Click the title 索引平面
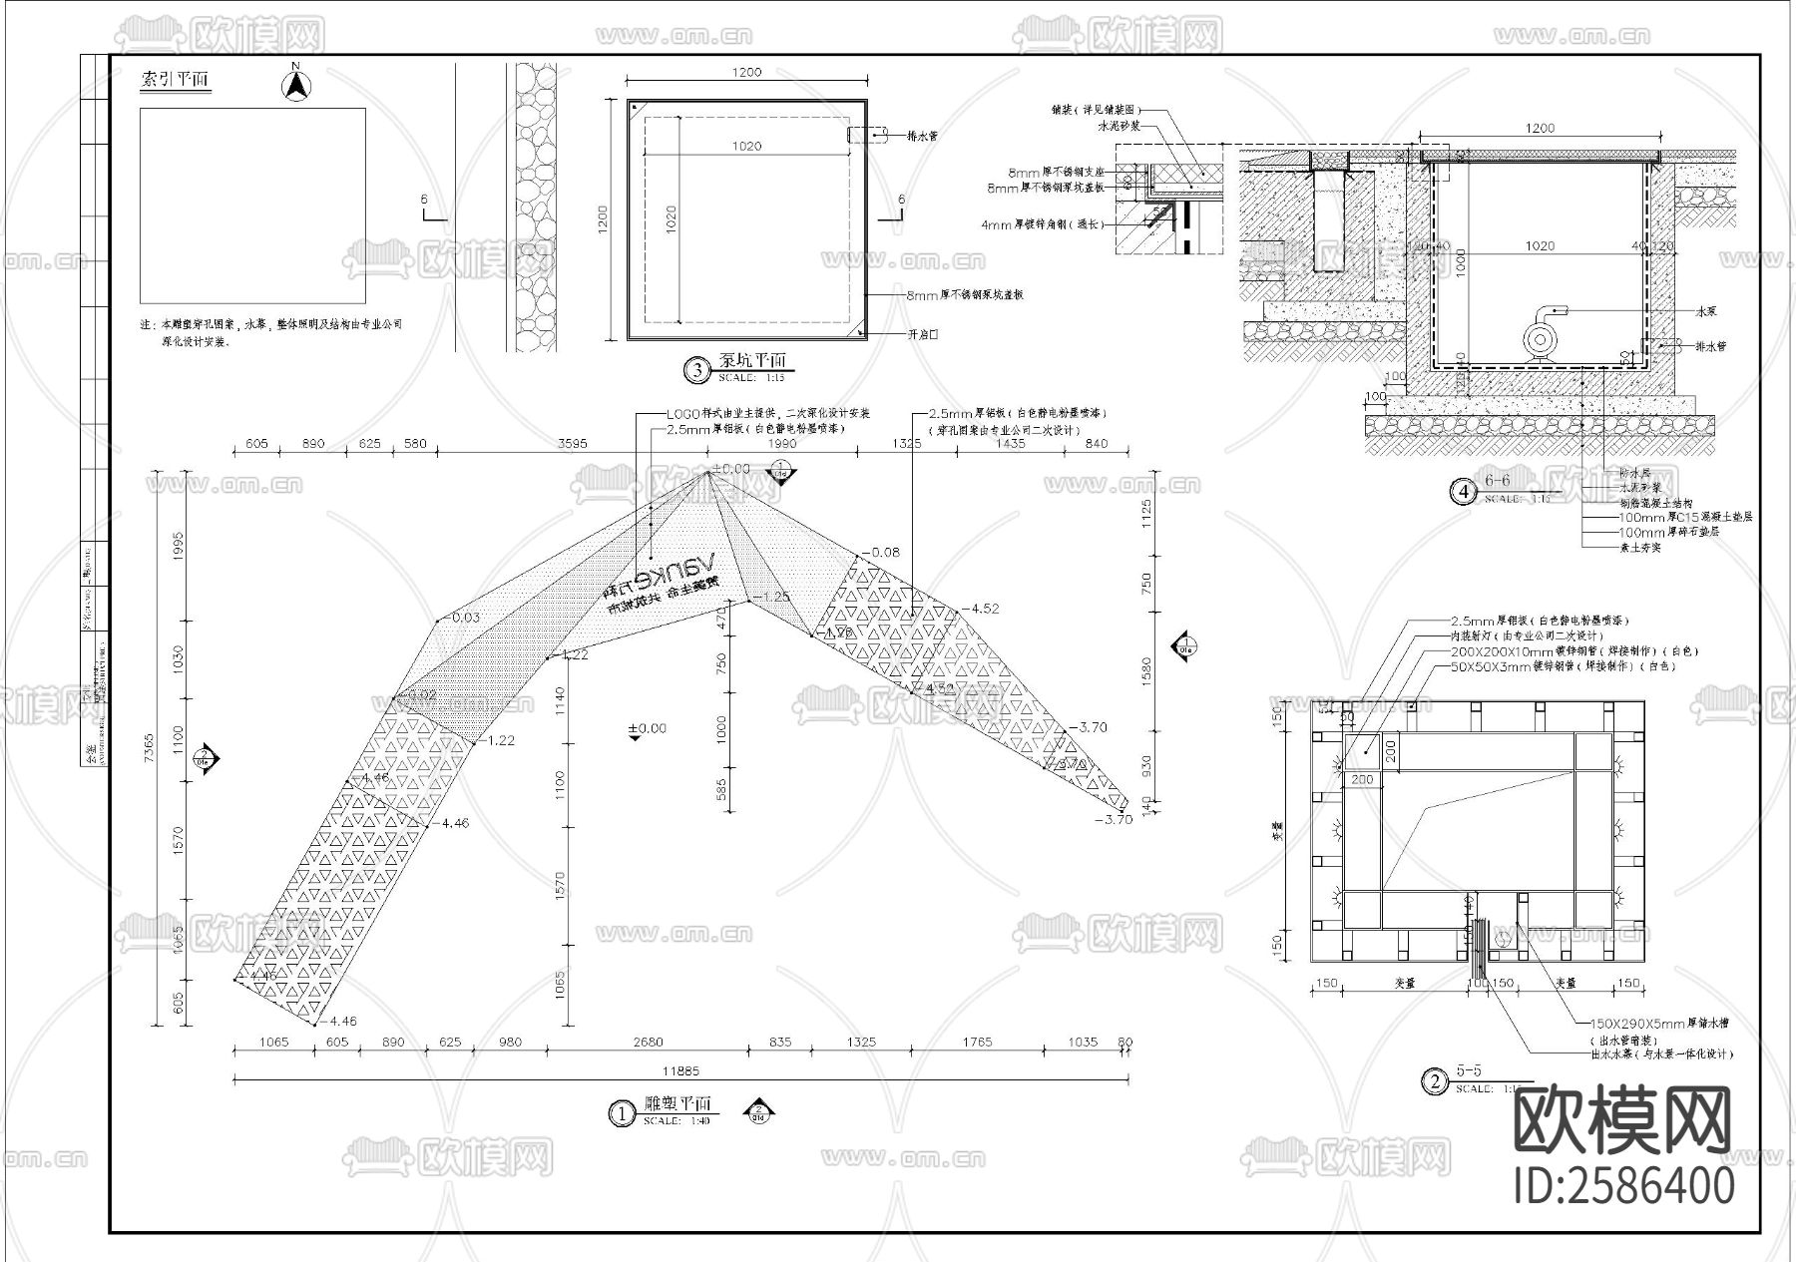point(176,81)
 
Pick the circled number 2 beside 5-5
point(1435,1081)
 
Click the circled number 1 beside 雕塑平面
point(621,1113)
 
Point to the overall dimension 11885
point(680,1070)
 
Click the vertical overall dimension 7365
point(150,748)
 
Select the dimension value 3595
point(573,443)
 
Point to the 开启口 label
point(922,334)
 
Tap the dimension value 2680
point(648,1042)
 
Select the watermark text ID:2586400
point(1624,1185)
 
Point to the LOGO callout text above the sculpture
point(768,413)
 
